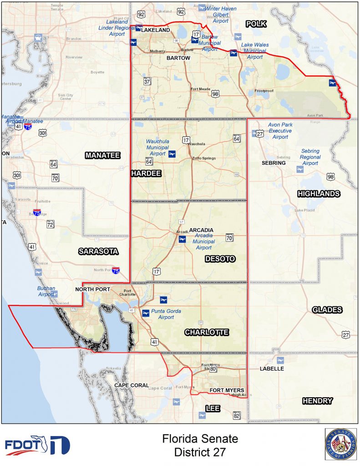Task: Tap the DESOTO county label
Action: (220, 259)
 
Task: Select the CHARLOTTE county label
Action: (207, 333)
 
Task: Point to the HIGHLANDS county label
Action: (319, 194)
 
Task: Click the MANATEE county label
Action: (102, 156)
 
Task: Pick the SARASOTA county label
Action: (98, 251)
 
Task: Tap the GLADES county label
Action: (327, 310)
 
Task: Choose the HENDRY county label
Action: (317, 401)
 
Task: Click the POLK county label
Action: (256, 24)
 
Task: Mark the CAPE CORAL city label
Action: (132, 385)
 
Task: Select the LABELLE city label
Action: (272, 368)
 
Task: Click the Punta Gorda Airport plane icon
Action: (146, 313)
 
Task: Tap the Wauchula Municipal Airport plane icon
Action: (172, 155)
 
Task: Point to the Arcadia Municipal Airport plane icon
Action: (183, 239)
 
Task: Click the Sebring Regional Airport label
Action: (310, 157)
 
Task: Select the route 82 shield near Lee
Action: (237, 415)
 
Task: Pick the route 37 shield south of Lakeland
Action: (147, 81)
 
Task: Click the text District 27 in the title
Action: (200, 452)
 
